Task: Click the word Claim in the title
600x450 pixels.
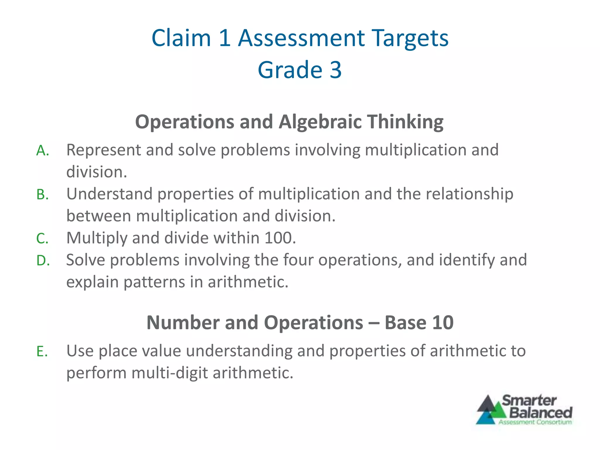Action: pyautogui.click(x=181, y=38)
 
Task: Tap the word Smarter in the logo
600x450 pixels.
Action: pyautogui.click(x=529, y=400)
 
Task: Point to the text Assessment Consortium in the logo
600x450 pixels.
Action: pyautogui.click(x=535, y=422)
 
